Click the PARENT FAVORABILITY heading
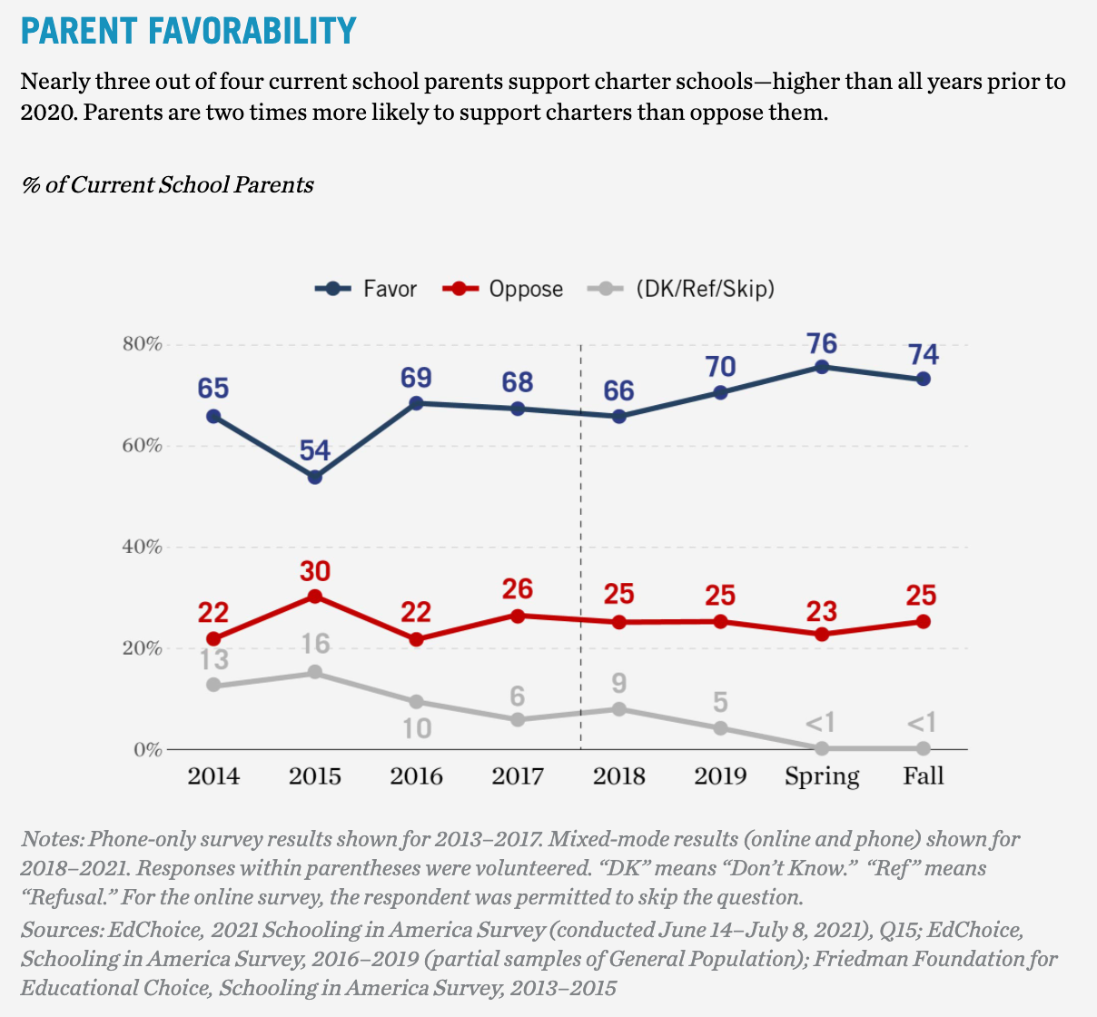pos(188,31)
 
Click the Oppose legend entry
pos(503,289)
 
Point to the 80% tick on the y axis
pos(142,345)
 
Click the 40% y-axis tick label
pos(142,548)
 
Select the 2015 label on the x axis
pos(315,776)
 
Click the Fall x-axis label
pos(924,776)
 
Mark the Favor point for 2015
pos(315,477)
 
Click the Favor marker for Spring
pos(822,367)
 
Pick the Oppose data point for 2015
pos(315,597)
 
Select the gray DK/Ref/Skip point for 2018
pos(619,709)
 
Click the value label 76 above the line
pos(822,343)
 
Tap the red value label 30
pos(315,571)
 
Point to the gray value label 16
pos(315,645)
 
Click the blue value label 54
pos(315,450)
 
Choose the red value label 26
pos(518,589)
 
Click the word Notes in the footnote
pos(51,838)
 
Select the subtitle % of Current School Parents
pos(167,185)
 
